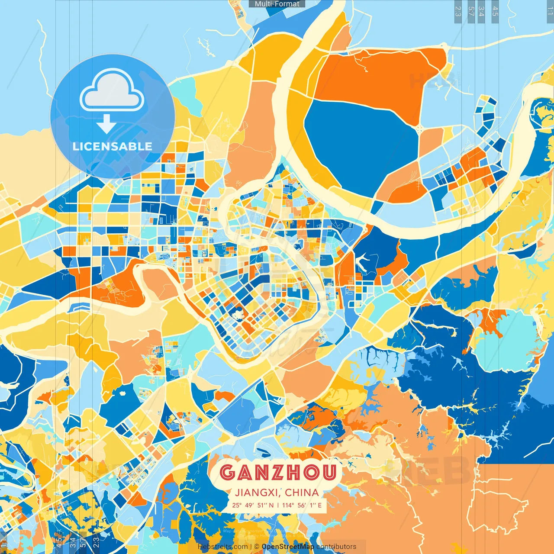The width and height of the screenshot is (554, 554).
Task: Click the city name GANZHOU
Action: pos(278,472)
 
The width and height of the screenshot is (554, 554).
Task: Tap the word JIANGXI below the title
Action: pos(256,493)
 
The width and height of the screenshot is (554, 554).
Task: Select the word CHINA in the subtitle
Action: pos(302,493)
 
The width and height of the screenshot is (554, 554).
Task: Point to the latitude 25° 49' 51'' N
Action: pos(252,505)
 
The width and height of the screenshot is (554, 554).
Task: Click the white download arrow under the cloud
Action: pos(106,124)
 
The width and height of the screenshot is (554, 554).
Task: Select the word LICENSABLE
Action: pos(113,146)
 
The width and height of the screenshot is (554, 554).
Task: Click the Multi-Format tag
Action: pos(277,4)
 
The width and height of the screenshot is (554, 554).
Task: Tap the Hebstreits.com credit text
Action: pos(222,547)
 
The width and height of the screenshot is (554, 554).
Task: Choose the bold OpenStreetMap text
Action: pos(288,547)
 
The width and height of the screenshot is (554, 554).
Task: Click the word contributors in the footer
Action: pos(336,547)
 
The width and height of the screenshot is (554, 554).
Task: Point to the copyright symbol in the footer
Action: pos(256,547)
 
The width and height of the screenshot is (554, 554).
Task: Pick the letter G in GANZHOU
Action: pos(227,472)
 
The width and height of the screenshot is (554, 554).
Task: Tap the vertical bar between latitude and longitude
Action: pos(277,505)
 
